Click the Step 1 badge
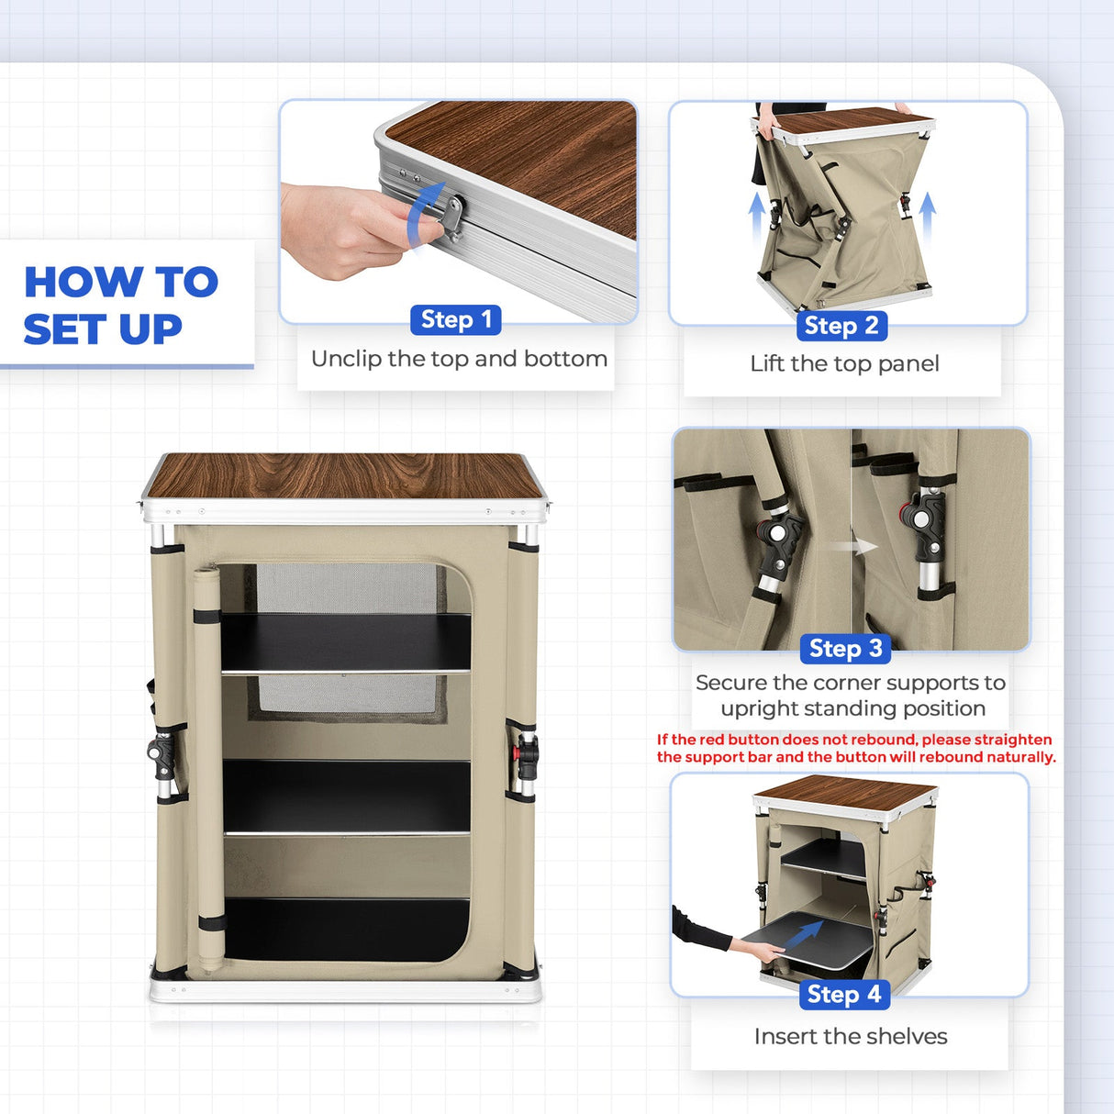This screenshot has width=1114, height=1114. pos(455,319)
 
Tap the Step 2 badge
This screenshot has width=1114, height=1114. pos(841,326)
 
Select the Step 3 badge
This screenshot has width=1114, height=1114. pos(845,649)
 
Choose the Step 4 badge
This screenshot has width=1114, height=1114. pos(844,995)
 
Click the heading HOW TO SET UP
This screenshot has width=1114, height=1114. pos(121,306)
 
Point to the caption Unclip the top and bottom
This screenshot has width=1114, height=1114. pos(459,359)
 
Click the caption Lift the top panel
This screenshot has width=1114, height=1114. pos(844,364)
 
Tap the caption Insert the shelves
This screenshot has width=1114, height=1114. pos(851,1037)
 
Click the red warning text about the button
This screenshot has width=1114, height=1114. pos(856,748)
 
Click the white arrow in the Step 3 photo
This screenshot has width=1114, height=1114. pos(855,546)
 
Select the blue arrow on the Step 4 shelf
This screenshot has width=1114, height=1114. pos(804,932)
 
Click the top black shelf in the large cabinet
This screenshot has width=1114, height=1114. pos(346,643)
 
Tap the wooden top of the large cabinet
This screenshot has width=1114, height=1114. pos(344,475)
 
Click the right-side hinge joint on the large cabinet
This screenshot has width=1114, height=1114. pos(525,755)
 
